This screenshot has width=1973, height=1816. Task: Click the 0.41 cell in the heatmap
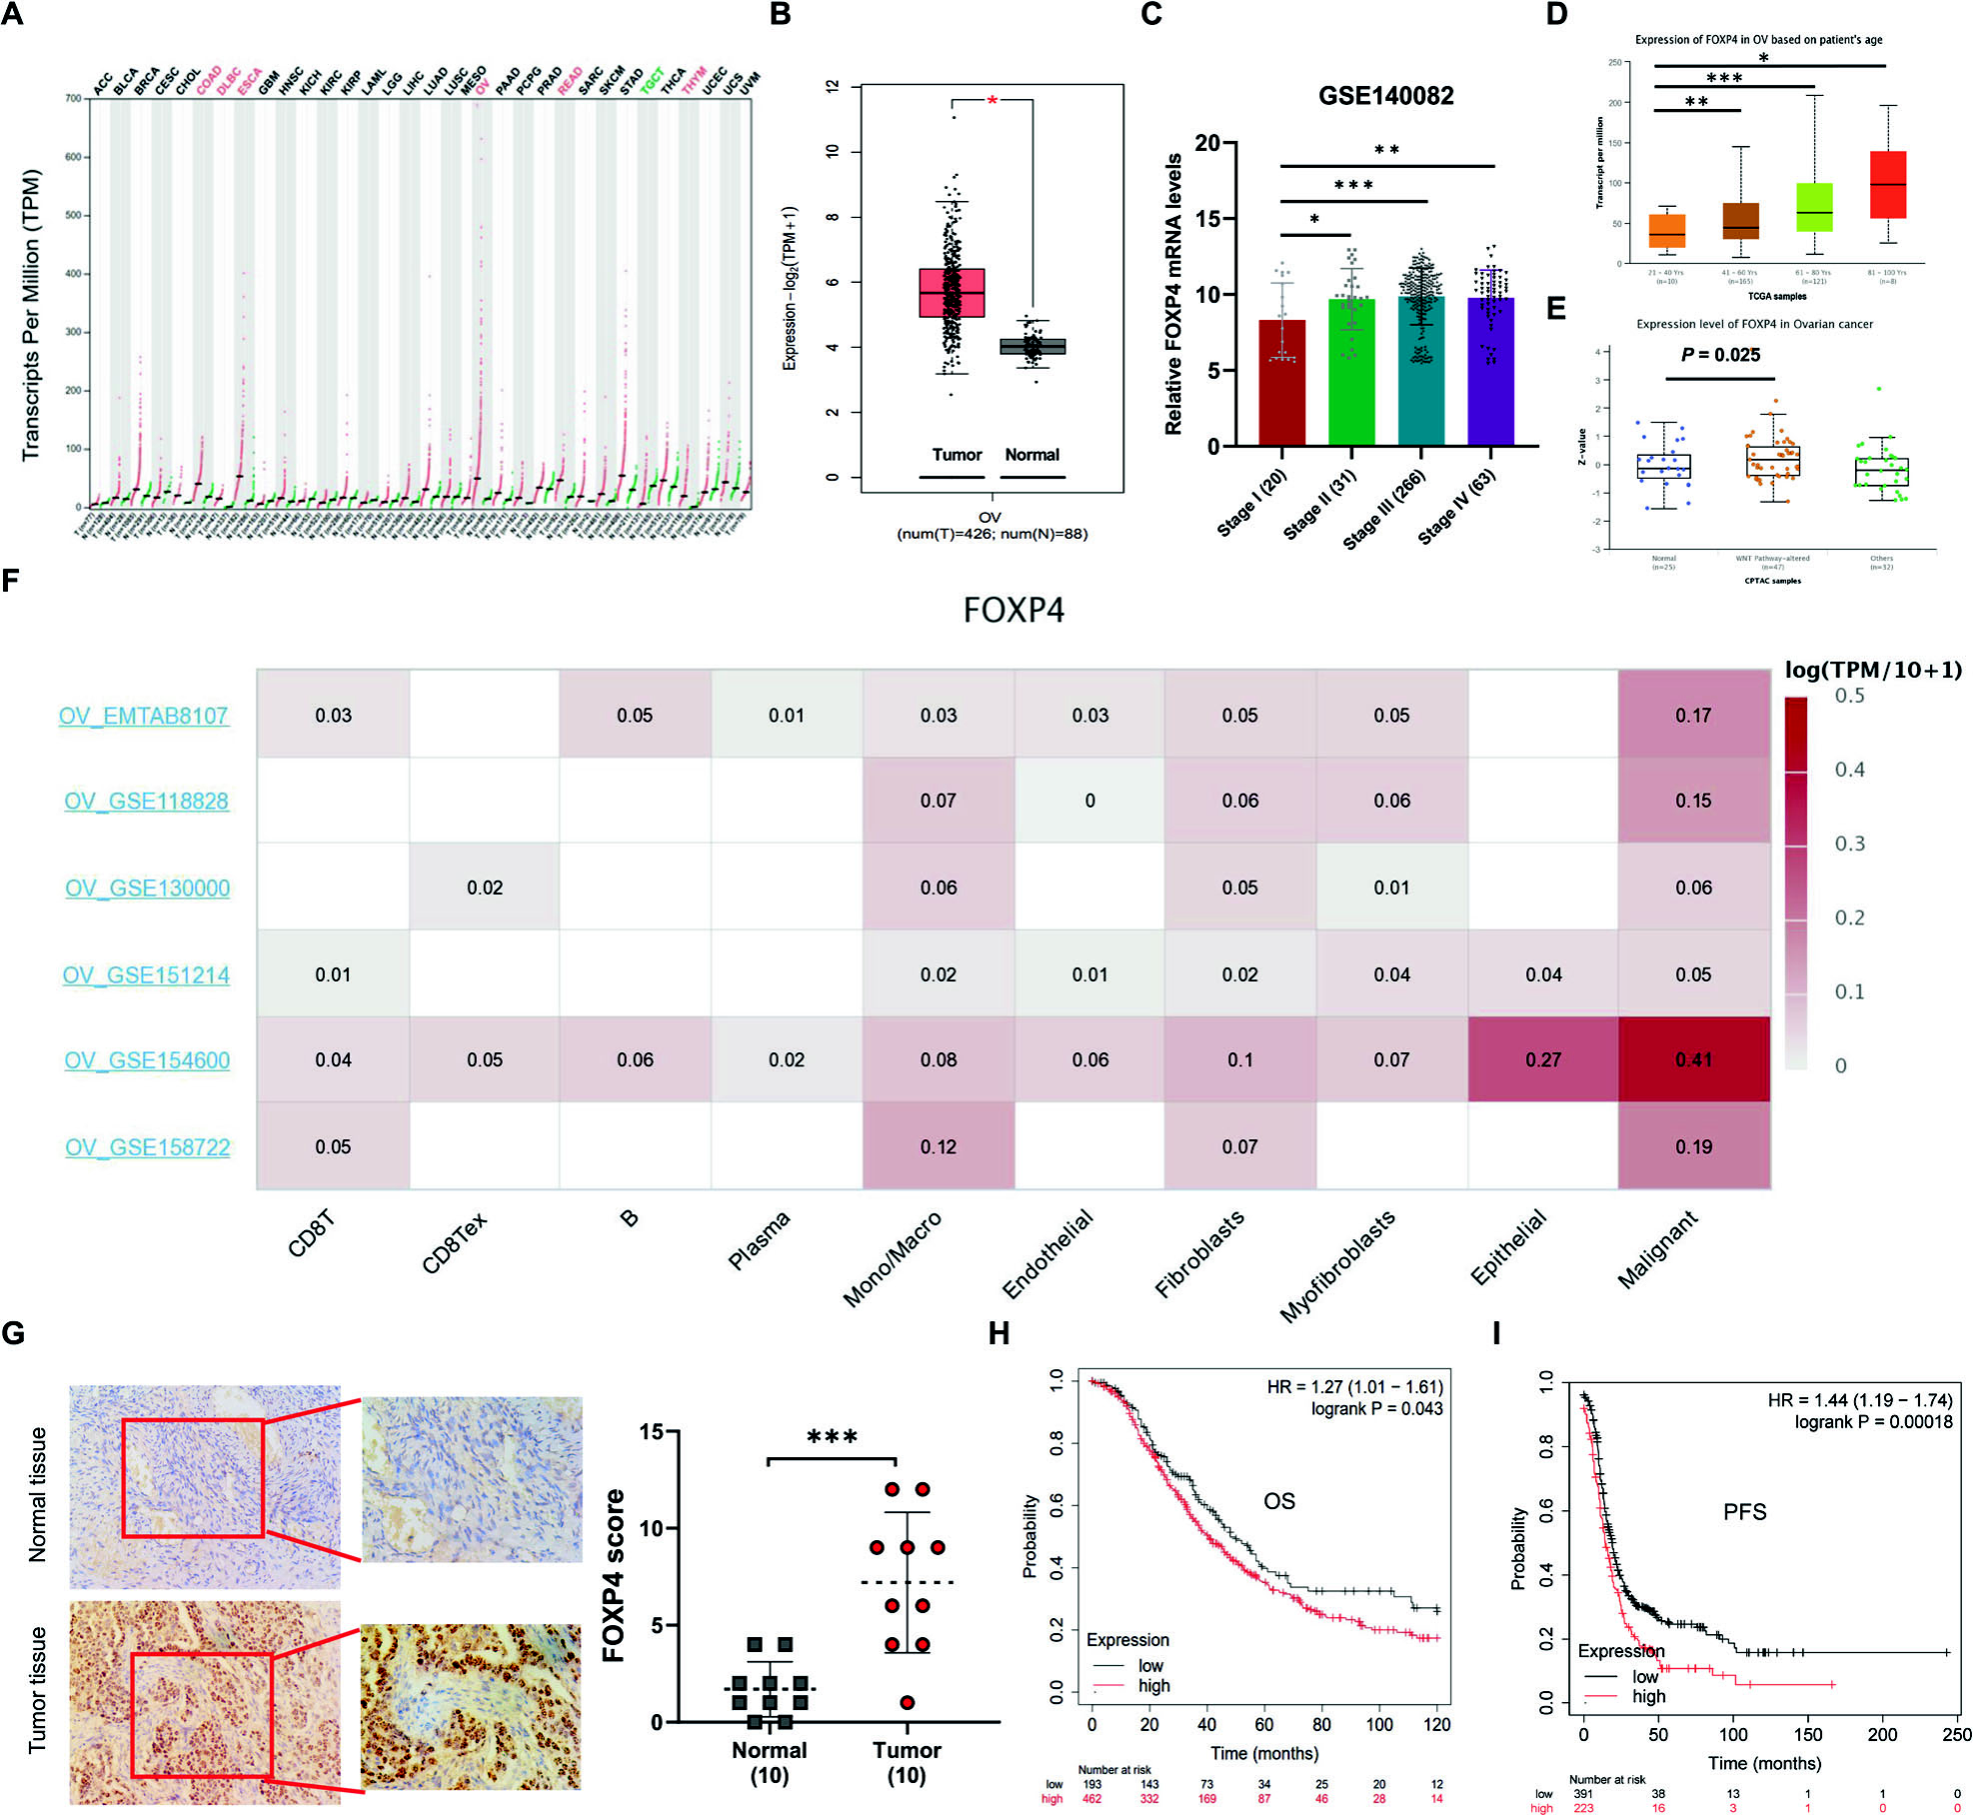(1693, 1059)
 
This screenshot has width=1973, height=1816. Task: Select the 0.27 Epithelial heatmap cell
(1542, 1059)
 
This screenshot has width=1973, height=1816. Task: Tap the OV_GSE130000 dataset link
(147, 888)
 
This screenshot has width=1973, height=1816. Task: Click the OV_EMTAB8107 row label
(143, 716)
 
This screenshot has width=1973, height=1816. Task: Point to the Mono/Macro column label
(892, 1259)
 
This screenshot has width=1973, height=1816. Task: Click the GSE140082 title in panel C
(1385, 96)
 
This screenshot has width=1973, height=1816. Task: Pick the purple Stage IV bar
(1490, 372)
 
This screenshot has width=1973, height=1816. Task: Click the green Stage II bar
(1351, 372)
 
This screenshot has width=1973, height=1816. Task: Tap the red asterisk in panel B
(992, 101)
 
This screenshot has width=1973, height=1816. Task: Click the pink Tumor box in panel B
(952, 293)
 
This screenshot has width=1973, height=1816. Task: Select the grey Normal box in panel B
(1032, 347)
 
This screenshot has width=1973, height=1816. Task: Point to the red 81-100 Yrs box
(1887, 185)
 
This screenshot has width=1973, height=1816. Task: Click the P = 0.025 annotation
(1720, 355)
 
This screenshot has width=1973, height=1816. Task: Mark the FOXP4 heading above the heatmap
(1013, 610)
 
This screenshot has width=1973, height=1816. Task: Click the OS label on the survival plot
(1278, 1501)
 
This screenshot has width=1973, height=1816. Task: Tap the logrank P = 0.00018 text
(1873, 1421)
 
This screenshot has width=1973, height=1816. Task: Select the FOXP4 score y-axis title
(614, 1576)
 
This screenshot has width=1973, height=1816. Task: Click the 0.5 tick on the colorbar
(1849, 696)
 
